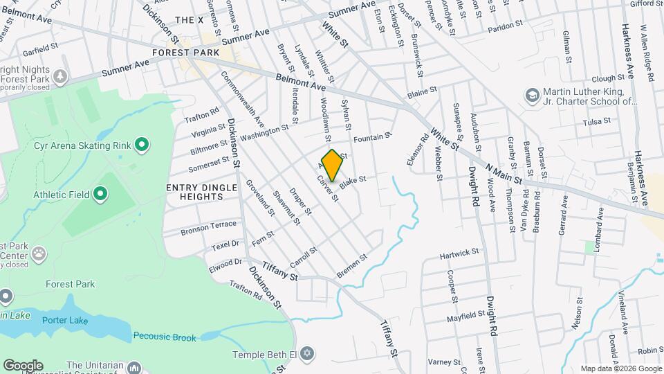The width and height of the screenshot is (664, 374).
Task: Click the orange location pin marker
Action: coord(332,165)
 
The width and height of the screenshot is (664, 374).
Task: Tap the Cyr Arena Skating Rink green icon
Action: coord(142,145)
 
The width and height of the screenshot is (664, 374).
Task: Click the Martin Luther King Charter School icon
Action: coord(532,93)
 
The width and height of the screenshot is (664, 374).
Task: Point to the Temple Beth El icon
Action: coord(308,354)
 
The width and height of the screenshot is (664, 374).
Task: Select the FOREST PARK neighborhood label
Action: coord(187,53)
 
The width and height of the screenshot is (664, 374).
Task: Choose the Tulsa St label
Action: coord(596,121)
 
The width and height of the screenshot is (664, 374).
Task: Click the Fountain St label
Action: coord(373,139)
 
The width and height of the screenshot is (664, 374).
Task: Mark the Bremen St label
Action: coord(351,266)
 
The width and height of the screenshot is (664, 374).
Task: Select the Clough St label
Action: coord(609,79)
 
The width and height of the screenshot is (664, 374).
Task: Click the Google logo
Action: coord(23,365)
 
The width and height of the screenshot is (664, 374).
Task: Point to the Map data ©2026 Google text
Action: coord(619,368)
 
